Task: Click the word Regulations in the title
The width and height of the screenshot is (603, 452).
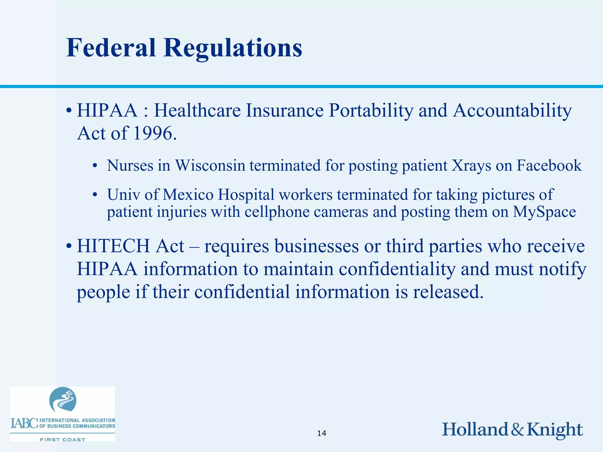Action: click(233, 48)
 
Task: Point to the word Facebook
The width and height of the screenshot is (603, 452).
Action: click(549, 165)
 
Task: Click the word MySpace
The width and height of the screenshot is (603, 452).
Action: click(544, 212)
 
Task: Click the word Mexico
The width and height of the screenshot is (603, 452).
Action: click(188, 195)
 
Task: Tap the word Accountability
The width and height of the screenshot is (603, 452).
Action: click(512, 111)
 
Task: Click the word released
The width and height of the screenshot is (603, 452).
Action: click(448, 292)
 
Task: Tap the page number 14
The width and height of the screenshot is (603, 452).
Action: click(322, 433)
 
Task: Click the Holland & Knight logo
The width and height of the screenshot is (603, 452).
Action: click(512, 430)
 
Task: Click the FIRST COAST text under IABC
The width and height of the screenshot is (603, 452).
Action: click(62, 440)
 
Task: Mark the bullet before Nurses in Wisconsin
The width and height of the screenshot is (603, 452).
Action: click(95, 166)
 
